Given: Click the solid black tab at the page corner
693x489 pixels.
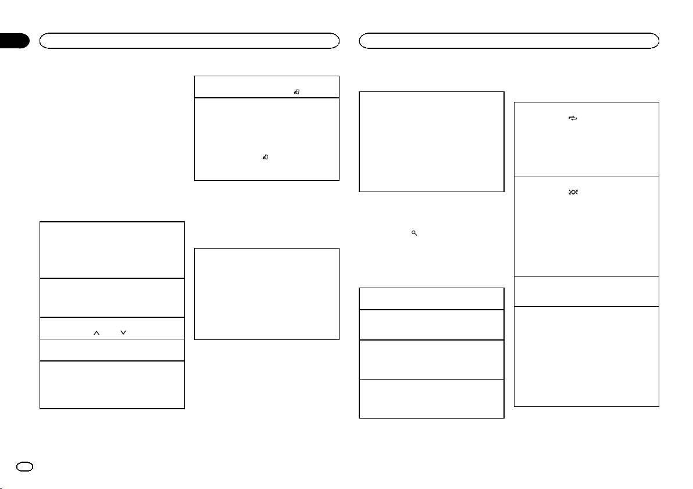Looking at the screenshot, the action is (15, 41).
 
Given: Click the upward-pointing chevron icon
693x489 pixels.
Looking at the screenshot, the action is (97, 332).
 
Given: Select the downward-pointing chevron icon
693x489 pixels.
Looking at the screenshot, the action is (123, 332).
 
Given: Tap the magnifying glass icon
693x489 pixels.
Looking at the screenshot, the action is (414, 233).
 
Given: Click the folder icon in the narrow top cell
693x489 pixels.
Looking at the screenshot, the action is (297, 91).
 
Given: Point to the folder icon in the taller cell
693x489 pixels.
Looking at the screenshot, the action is (265, 157).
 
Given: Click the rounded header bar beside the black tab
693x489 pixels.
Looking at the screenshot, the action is (189, 40).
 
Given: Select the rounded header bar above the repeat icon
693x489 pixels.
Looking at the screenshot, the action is (509, 40).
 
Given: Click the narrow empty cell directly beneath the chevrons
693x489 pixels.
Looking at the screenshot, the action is (112, 350).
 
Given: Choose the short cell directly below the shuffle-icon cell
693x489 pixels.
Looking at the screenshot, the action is (587, 291).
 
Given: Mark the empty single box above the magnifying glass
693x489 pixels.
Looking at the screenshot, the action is (431, 141).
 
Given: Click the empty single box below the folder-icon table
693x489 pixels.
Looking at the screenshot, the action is (266, 293).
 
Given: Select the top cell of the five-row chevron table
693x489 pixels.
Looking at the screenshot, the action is (112, 249).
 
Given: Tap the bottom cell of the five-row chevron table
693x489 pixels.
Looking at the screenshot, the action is (112, 385).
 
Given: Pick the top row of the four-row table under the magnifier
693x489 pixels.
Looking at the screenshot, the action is (431, 299).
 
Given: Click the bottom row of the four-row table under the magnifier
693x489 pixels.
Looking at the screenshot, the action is (431, 398).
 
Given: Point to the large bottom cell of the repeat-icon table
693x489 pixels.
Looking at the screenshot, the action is (587, 356).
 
